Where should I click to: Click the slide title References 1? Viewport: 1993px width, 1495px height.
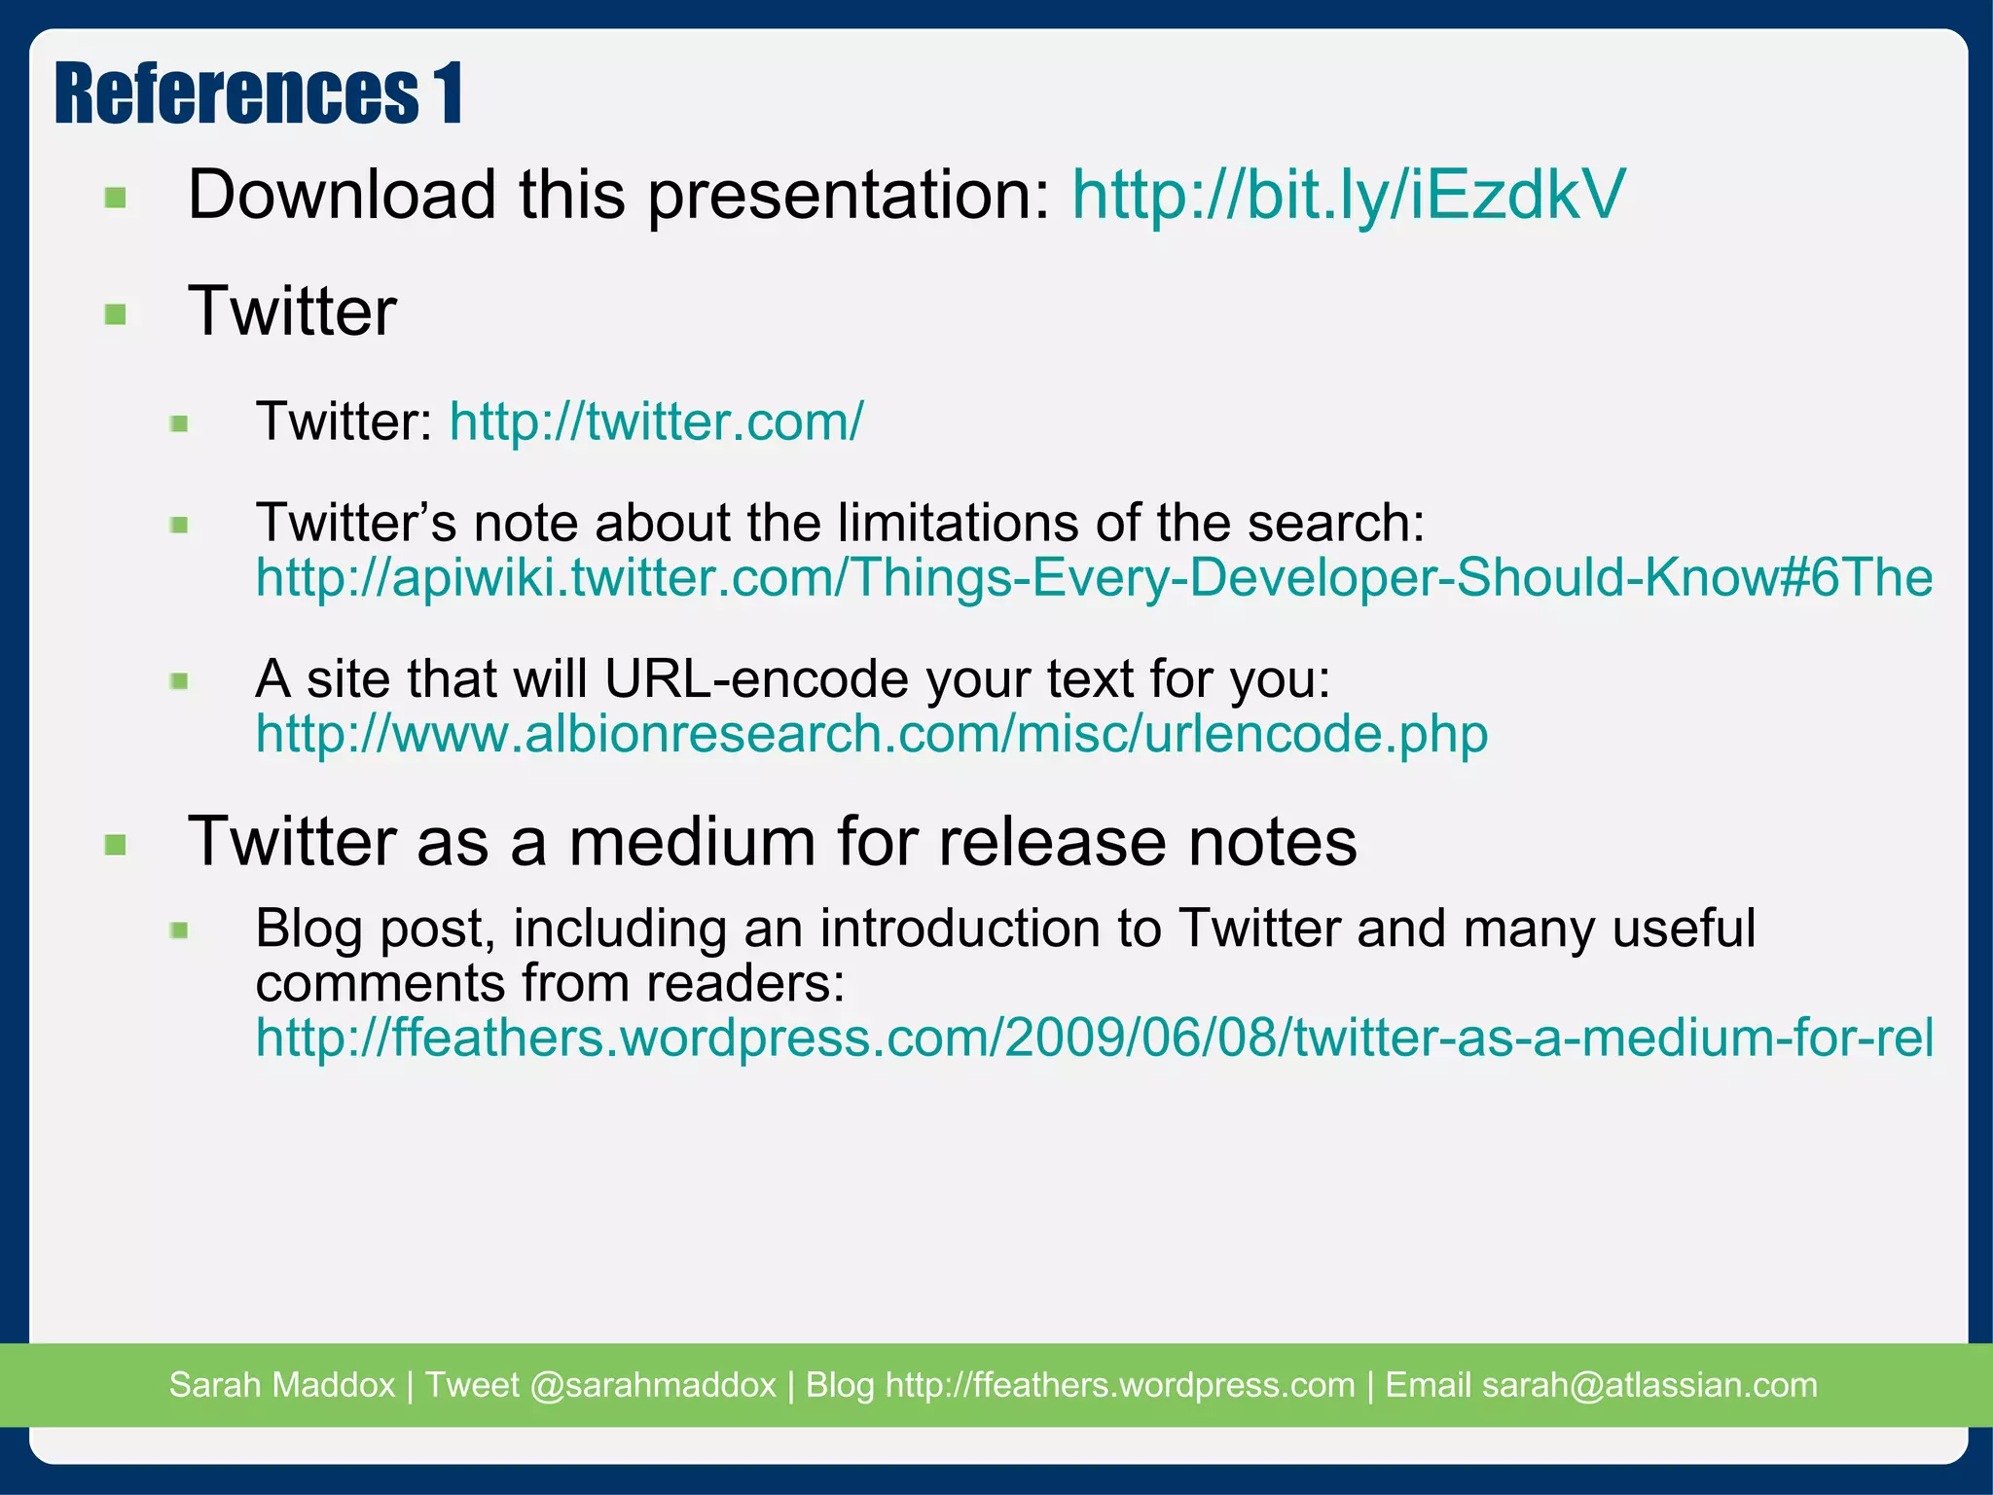tap(259, 93)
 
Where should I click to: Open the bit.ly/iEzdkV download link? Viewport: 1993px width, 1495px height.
tap(1348, 195)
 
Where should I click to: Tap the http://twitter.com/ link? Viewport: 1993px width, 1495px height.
tap(656, 421)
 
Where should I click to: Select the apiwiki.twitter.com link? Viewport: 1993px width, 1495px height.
tap(1093, 577)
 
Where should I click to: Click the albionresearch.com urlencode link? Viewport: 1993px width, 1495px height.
tap(871, 734)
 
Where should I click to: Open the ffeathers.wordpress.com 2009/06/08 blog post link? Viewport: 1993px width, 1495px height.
tap(1093, 1038)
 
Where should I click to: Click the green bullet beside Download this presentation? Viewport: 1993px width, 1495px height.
tap(116, 199)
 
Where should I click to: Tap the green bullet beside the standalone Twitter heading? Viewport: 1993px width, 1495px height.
tap(116, 314)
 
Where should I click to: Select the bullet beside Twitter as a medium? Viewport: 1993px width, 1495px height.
tap(116, 844)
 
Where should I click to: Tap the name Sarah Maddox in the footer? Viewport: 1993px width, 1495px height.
tap(282, 1384)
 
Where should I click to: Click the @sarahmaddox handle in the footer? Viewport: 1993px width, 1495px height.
tap(653, 1384)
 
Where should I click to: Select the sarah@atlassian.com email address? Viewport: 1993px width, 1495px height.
tap(1649, 1384)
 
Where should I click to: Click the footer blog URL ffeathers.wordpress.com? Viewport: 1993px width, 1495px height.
tap(1120, 1384)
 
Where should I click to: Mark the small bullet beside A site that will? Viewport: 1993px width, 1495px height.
tap(179, 681)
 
